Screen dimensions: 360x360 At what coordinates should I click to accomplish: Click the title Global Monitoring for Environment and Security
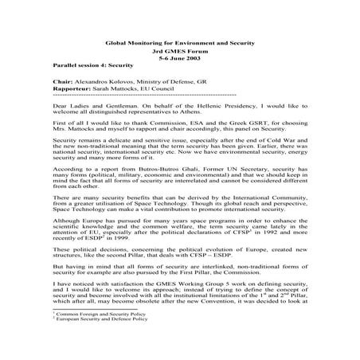pyautogui.click(x=181, y=45)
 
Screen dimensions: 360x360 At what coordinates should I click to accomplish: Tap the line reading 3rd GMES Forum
pyautogui.click(x=181, y=53)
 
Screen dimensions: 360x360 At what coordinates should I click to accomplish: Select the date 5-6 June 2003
pyautogui.click(x=181, y=60)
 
